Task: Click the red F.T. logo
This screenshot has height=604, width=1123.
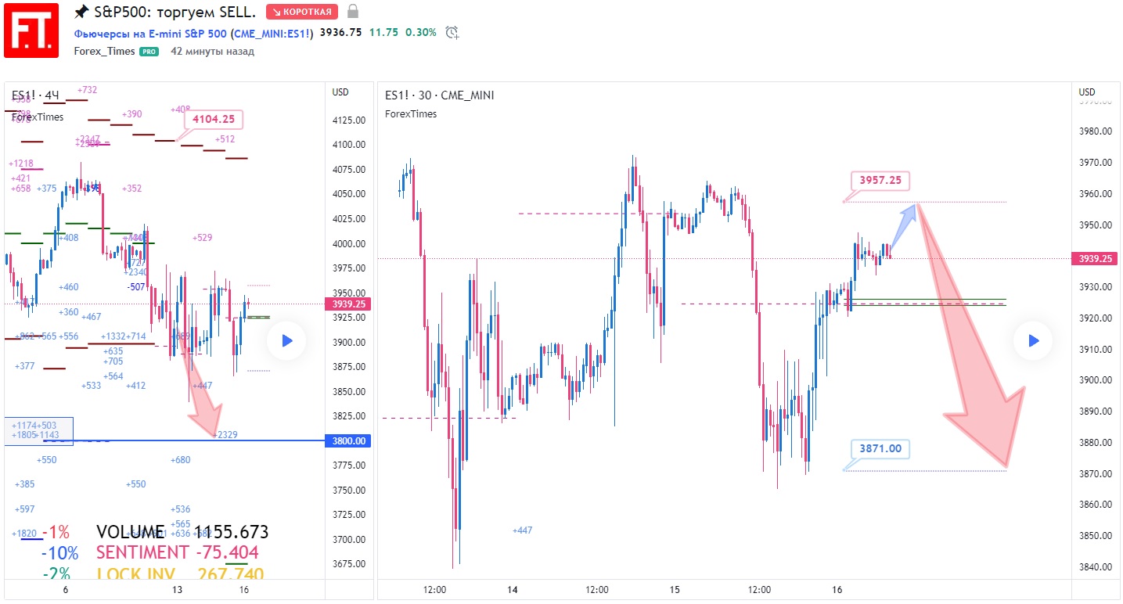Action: pos(31,30)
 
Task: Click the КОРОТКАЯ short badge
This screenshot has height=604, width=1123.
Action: pos(301,12)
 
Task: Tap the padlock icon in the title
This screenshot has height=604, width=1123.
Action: pos(353,12)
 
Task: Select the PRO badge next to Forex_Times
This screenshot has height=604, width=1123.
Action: pos(149,52)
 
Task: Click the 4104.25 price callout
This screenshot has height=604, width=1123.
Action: pos(214,120)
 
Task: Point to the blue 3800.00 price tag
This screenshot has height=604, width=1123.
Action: pos(349,441)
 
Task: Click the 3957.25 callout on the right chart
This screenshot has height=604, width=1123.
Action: pos(880,181)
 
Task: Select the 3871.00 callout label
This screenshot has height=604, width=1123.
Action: pos(880,449)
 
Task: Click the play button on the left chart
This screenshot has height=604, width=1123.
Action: pos(286,340)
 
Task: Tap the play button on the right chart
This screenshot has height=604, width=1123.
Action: pos(1033,340)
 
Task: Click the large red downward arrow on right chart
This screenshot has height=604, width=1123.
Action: pos(974,344)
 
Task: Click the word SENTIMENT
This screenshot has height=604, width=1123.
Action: pos(142,552)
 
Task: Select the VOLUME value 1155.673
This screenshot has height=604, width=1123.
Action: pos(231,533)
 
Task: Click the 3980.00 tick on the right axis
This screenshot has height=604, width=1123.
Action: pos(1096,131)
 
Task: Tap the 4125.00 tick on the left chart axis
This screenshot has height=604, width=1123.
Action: pos(349,120)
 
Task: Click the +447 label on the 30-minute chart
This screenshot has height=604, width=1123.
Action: pos(522,530)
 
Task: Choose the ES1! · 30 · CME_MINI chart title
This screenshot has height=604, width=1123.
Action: pos(439,95)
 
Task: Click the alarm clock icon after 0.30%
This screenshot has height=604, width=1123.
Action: pos(452,33)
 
